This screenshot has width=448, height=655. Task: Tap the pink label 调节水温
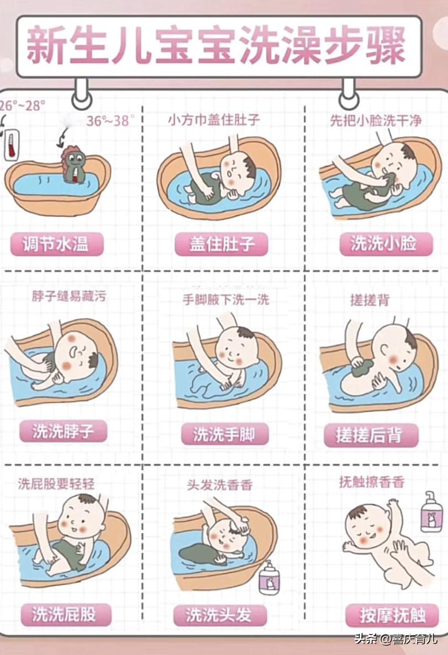coord(56,243)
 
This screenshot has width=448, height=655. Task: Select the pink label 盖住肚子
coord(221,244)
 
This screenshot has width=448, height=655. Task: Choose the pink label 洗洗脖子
coord(62,431)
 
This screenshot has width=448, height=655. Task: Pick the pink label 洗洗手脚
coord(224,434)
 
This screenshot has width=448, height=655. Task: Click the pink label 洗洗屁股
coord(64,614)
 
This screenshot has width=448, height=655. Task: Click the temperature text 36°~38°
coord(110,121)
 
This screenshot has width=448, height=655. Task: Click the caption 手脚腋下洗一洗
coord(226,299)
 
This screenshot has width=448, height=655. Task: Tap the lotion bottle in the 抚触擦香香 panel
coord(431,512)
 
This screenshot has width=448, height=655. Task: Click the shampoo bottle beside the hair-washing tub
coord(269,577)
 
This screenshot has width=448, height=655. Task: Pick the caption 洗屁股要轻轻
coord(56,484)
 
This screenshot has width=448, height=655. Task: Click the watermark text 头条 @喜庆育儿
coord(396,640)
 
